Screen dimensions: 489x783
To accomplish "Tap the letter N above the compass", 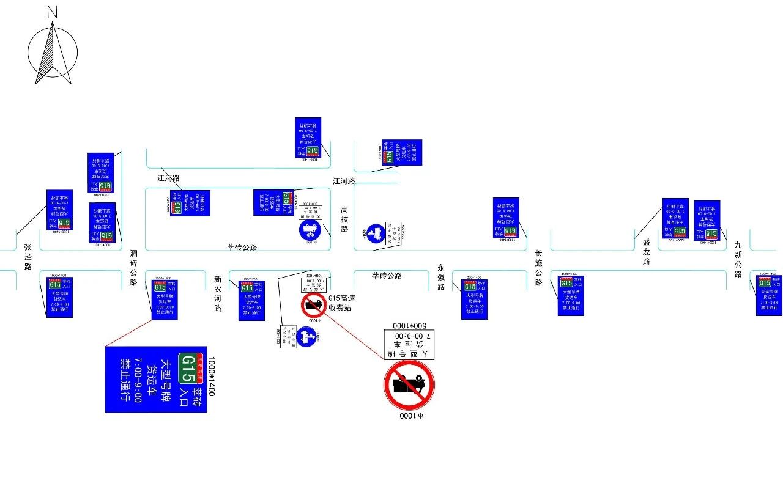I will click(x=52, y=11).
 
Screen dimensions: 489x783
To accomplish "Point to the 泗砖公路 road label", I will click(x=133, y=268).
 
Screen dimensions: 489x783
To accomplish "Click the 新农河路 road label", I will click(x=218, y=294).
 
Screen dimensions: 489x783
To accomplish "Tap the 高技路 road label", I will click(x=344, y=219).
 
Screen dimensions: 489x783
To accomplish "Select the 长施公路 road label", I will click(x=539, y=268).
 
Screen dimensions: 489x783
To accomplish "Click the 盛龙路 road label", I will click(x=647, y=252).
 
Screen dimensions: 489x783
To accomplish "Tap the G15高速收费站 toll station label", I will click(x=342, y=303).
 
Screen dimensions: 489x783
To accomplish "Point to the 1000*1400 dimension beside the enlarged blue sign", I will click(x=212, y=377).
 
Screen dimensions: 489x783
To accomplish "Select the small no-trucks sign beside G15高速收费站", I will click(x=314, y=305).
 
